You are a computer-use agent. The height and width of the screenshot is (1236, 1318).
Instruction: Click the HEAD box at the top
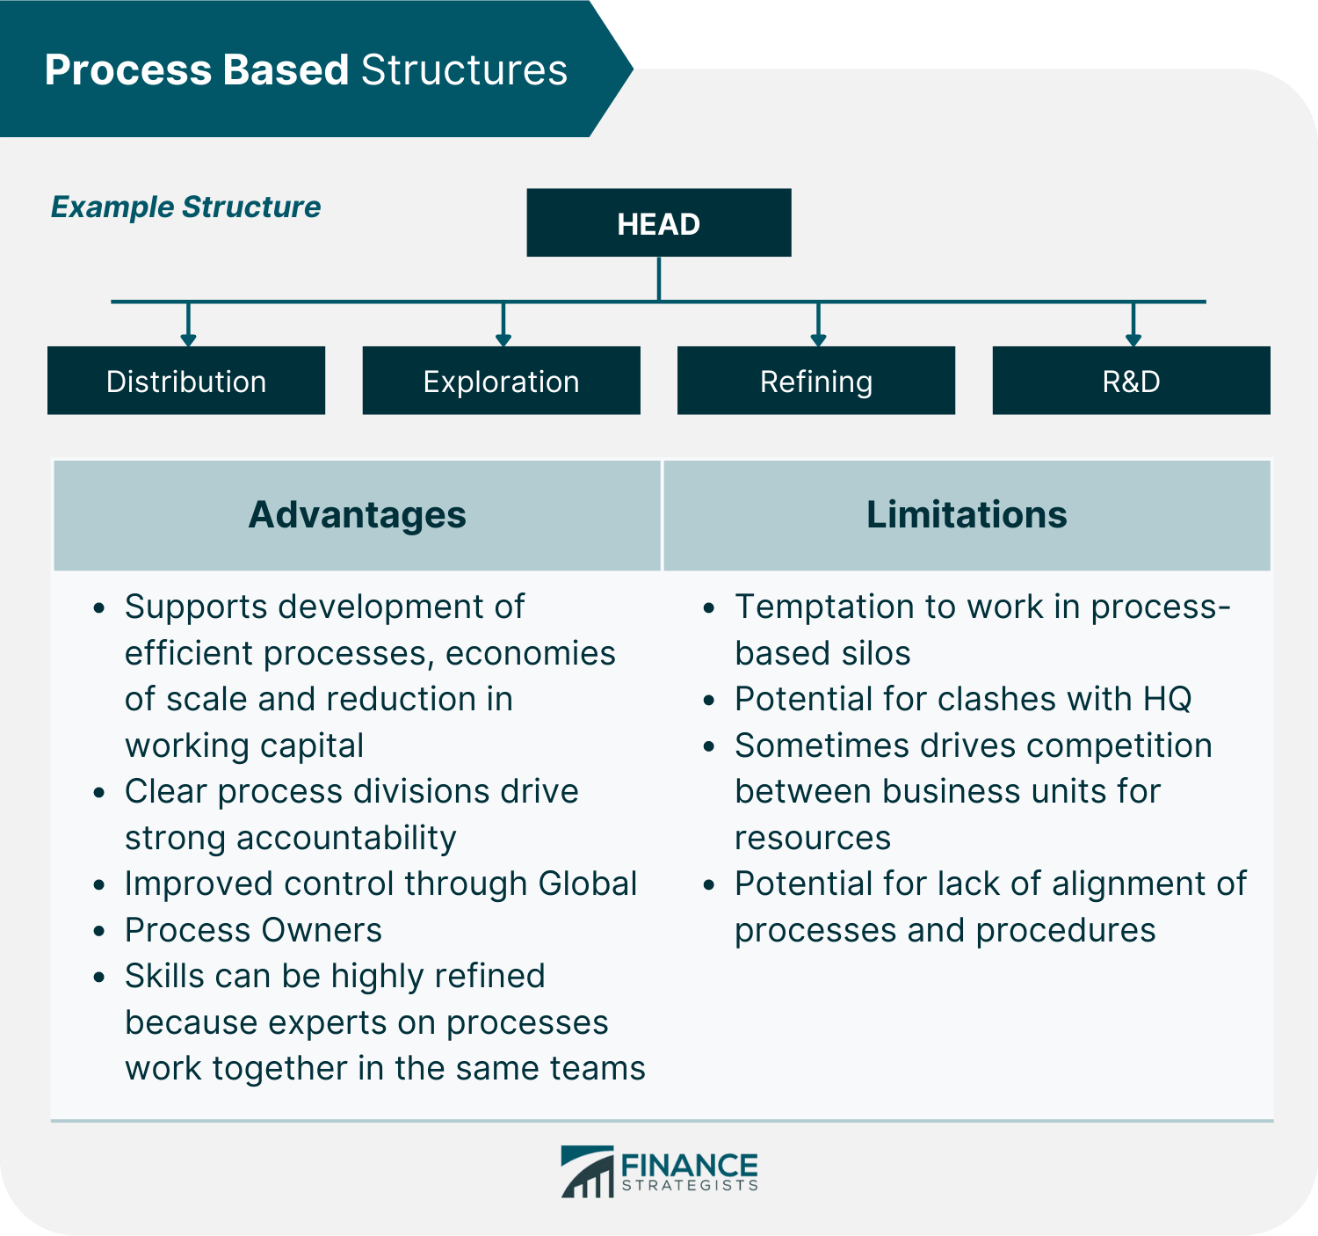click(659, 223)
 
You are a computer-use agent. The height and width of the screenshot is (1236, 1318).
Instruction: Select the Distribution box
click(186, 381)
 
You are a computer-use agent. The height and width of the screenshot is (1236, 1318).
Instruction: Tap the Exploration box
click(501, 381)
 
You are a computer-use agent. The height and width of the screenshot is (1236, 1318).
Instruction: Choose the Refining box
click(816, 381)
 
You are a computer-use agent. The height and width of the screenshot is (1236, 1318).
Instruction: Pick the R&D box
click(1132, 381)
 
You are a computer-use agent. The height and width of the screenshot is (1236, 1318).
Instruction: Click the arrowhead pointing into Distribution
click(188, 339)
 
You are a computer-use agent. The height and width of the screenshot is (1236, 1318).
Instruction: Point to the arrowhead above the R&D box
click(1133, 339)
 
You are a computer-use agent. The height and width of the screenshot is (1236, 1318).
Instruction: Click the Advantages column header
click(357, 515)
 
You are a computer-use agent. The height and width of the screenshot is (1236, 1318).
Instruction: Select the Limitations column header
click(967, 515)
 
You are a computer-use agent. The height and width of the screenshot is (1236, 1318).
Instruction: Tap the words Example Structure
click(185, 207)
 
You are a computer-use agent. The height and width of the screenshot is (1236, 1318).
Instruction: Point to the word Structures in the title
click(464, 70)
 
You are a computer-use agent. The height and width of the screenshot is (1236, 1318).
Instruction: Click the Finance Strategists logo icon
click(587, 1172)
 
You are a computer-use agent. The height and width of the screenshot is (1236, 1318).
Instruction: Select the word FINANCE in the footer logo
click(689, 1166)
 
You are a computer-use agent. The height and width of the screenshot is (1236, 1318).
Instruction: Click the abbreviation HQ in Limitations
click(1167, 699)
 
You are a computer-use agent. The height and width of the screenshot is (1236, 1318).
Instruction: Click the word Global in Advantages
click(587, 883)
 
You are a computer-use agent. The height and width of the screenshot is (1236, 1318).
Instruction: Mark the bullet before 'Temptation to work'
click(710, 607)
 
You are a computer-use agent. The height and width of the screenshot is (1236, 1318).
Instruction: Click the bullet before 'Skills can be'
click(100, 977)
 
